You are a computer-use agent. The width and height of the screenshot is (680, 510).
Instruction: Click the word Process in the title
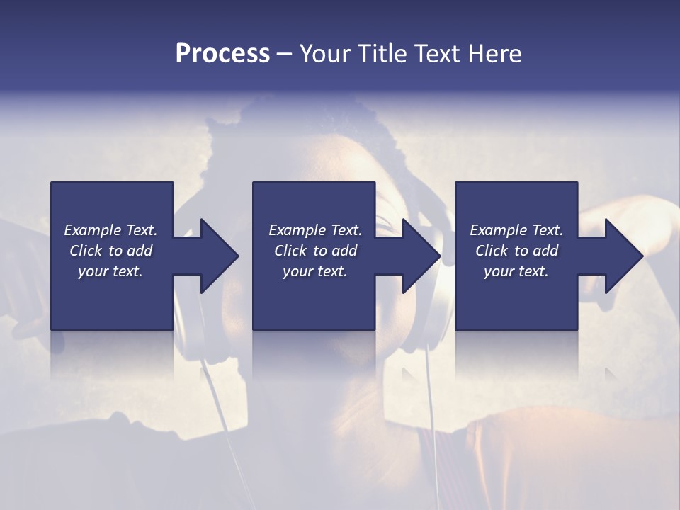point(222,54)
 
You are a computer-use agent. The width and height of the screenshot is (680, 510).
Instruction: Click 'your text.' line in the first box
point(110,271)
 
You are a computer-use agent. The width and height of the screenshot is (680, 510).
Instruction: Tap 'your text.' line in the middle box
point(314,271)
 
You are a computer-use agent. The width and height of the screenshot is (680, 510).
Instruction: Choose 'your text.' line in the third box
point(516,271)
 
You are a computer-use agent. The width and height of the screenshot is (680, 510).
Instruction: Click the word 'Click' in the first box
point(86,251)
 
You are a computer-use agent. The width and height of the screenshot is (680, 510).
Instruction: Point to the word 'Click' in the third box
point(492,251)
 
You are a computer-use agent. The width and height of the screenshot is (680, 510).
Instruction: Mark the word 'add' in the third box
point(545,251)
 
